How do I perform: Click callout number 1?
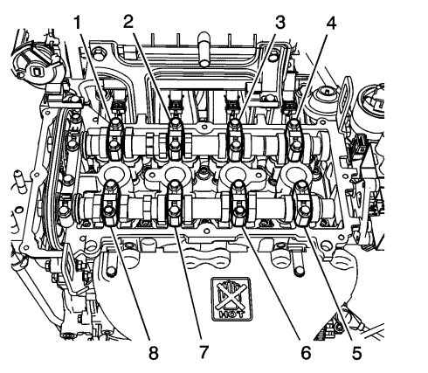[77, 23]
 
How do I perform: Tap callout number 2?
[128, 21]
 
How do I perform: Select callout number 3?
[280, 23]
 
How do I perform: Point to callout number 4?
[331, 23]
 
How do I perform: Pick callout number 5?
[356, 354]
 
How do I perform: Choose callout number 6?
[306, 354]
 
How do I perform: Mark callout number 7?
[204, 352]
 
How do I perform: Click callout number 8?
[153, 353]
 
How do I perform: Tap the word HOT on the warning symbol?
[231, 314]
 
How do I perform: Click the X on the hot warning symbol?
[231, 296]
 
